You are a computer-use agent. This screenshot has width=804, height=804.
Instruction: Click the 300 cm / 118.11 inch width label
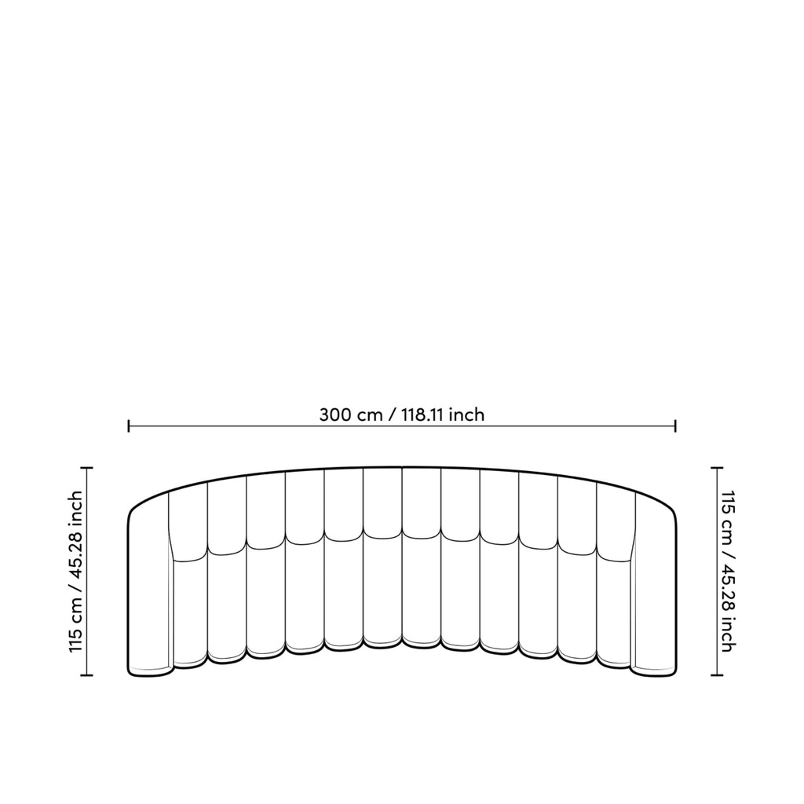[401, 415]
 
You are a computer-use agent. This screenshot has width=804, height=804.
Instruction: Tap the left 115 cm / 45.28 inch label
[76, 572]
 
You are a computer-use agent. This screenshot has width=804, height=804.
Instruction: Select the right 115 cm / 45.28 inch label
[728, 572]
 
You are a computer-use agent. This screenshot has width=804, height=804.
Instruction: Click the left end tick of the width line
[129, 426]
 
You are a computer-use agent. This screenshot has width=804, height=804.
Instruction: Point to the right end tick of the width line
[675, 426]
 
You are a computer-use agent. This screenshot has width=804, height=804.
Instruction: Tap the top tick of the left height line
[86, 468]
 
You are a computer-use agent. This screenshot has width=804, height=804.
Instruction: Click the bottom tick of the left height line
[86, 675]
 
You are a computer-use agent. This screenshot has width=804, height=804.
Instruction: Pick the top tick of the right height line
[717, 468]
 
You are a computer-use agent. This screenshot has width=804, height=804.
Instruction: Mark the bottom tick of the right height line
[717, 675]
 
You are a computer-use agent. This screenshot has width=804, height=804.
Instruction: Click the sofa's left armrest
[148, 590]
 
